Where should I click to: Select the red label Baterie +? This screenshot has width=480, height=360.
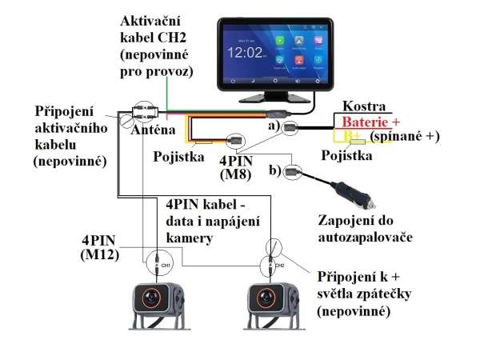pos(370,122)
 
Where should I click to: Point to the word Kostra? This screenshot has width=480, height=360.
pos(363,106)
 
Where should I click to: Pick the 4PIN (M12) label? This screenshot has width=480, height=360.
pos(101,246)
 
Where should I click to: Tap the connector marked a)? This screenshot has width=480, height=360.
pos(290,128)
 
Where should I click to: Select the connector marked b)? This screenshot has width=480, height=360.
pos(293,170)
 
